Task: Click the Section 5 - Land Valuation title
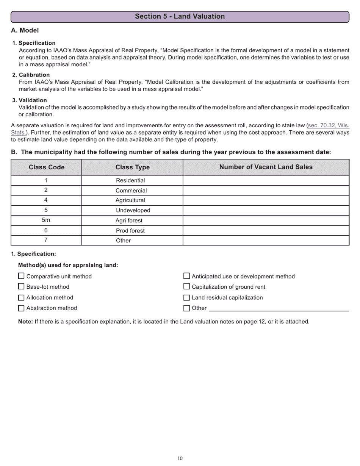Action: click(180, 16)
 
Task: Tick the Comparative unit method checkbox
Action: click(22, 276)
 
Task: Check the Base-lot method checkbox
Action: click(22, 287)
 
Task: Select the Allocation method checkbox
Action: click(22, 297)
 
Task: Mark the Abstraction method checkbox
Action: click(22, 308)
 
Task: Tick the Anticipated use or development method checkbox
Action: click(186, 276)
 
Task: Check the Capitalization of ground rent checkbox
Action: click(186, 287)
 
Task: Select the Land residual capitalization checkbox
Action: click(186, 297)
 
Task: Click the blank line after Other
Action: click(279, 308)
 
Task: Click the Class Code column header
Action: click(46, 167)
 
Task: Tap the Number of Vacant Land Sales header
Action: click(266, 167)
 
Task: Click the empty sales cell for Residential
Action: click(266, 180)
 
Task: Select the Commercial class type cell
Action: click(131, 191)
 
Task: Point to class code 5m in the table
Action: click(46, 220)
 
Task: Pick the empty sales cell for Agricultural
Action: click(266, 200)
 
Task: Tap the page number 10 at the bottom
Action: click(180, 458)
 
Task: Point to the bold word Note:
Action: click(25, 322)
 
